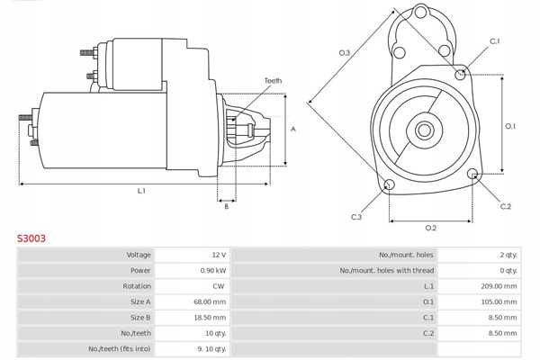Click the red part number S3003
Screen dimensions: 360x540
pyautogui.click(x=31, y=239)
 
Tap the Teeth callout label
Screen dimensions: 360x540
pyautogui.click(x=273, y=81)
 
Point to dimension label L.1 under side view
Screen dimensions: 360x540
pyautogui.click(x=141, y=190)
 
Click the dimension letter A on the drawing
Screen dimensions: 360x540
pyautogui.click(x=293, y=129)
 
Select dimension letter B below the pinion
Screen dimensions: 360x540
pyautogui.click(x=226, y=206)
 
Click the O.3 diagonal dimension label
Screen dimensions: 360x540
pyautogui.click(x=344, y=53)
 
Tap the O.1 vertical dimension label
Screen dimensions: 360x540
pyautogui.click(x=509, y=126)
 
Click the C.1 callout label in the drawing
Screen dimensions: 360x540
pyautogui.click(x=494, y=42)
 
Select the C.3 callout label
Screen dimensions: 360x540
pyautogui.click(x=356, y=217)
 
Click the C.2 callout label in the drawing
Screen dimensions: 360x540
pyautogui.click(x=505, y=207)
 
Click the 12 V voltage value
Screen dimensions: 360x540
pyautogui.click(x=219, y=255)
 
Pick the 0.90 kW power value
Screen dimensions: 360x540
pyautogui.click(x=214, y=270)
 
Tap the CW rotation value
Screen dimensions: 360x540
pyautogui.click(x=219, y=285)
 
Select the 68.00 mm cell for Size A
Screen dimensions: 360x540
pyautogui.click(x=211, y=301)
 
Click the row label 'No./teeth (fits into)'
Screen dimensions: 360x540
pyautogui.click(x=119, y=348)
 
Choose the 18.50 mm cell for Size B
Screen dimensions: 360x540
pyautogui.click(x=211, y=317)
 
